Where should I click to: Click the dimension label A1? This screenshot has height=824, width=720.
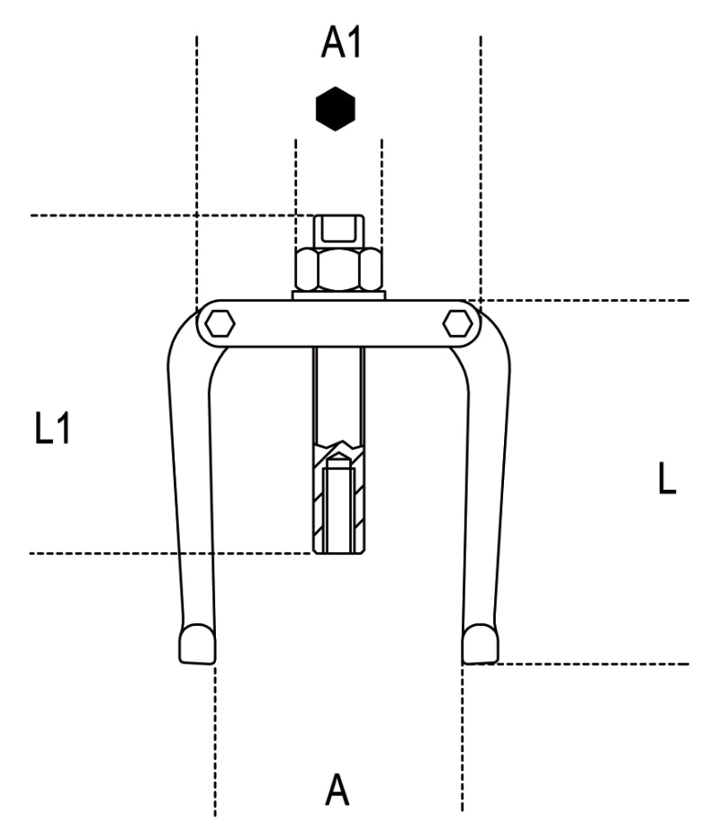pos(341,42)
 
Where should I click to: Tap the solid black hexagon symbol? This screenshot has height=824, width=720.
pos(336,109)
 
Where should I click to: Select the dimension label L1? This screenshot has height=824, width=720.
pos(52,430)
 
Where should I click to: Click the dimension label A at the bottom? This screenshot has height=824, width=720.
pos(337,790)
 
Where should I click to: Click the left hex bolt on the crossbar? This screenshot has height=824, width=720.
pos(219,321)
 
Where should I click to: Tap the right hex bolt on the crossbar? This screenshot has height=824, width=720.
pos(458,321)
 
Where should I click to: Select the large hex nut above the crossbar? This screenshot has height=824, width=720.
pos(338,269)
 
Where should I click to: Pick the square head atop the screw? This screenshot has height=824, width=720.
pos(338,231)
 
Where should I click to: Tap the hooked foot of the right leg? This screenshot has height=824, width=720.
pos(480,643)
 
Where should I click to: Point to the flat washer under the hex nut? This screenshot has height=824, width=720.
pos(338,294)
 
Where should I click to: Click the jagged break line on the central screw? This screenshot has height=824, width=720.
pos(338,447)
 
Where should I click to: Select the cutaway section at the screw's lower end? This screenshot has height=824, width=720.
pos(338,504)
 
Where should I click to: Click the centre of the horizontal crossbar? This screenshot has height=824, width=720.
pos(338,322)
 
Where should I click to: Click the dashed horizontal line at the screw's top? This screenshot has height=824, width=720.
pos(162,215)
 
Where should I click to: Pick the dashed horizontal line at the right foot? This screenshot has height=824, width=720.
pos(585,665)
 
